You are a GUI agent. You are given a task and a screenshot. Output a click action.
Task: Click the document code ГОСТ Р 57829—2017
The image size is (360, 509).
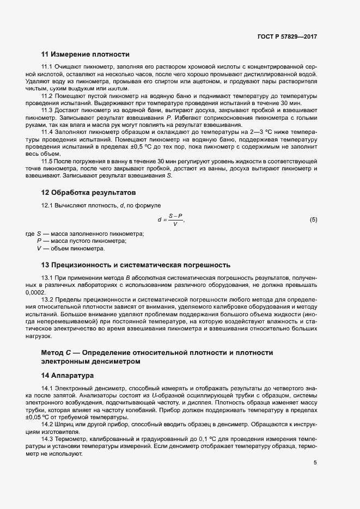tap(287, 37)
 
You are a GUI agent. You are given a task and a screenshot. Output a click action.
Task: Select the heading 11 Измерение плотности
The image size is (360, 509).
tap(85, 54)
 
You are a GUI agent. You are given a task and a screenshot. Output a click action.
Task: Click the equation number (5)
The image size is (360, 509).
tap(313, 220)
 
